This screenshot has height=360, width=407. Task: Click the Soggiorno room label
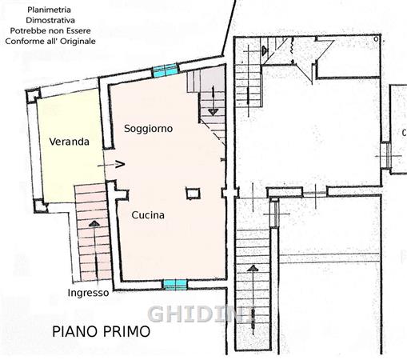pos(148,129)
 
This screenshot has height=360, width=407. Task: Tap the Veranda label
pos(70,142)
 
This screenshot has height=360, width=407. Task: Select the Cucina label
pos(148,215)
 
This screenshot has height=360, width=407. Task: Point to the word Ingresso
pos(88,293)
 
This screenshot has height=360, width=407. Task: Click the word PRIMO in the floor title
pos(126,331)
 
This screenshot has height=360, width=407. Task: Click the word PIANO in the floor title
pos(75,331)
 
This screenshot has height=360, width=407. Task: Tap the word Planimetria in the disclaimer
pos(50,10)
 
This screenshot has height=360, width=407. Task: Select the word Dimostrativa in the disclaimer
pos(50,20)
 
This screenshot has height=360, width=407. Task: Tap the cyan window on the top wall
pos(166,70)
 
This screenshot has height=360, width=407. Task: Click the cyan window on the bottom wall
pos(175,285)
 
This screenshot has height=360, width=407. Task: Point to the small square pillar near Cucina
pos(193,194)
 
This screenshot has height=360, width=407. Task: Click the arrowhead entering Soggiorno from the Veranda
pos(120,164)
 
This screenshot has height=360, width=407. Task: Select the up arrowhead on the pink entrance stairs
pos(94,223)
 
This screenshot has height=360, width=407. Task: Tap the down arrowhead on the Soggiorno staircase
pos(213,112)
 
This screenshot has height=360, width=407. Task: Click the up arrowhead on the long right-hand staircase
pos(253,268)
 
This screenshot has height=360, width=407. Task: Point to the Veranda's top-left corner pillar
pos(34,96)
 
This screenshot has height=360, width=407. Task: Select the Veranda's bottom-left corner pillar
pos(40,206)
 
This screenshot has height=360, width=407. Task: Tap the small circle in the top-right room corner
pos(376,39)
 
